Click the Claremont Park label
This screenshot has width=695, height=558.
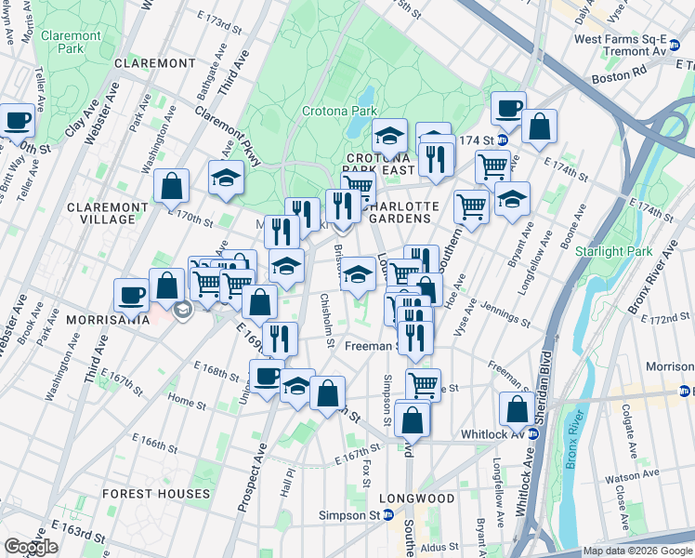pos(71,43)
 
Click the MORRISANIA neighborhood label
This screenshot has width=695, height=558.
pos(108,319)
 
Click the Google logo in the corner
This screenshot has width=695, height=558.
pos(31,547)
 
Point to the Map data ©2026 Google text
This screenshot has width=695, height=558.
pos(636,551)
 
